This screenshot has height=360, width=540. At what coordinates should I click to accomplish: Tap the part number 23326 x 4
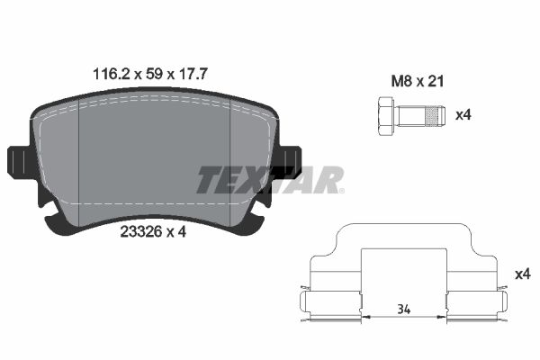point(152,231)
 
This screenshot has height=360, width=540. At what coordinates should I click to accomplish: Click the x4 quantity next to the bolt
point(464,115)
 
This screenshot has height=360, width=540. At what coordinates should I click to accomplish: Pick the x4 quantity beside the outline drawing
point(520,273)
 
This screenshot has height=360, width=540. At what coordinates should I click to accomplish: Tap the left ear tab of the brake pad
point(19,162)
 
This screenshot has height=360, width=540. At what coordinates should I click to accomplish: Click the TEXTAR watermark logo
point(270,180)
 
